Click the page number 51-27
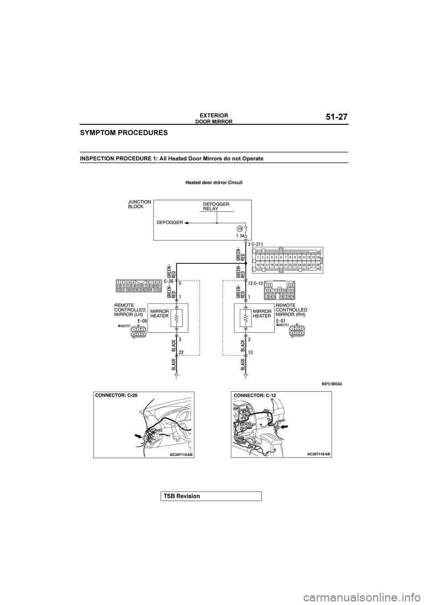tap(333, 117)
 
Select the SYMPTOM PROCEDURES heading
tap(124, 133)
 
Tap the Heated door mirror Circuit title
tap(214, 182)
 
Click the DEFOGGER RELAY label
tap(216, 206)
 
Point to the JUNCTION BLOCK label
tap(139, 204)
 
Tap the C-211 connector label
tap(258, 244)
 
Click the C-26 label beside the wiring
tap(169, 281)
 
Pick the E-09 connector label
tap(143, 320)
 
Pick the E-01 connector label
tap(281, 320)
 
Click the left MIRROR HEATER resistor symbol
tap(177, 317)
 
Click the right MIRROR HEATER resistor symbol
tap(245, 317)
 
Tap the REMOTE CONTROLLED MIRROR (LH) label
tap(130, 310)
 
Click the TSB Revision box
tap(211, 496)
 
